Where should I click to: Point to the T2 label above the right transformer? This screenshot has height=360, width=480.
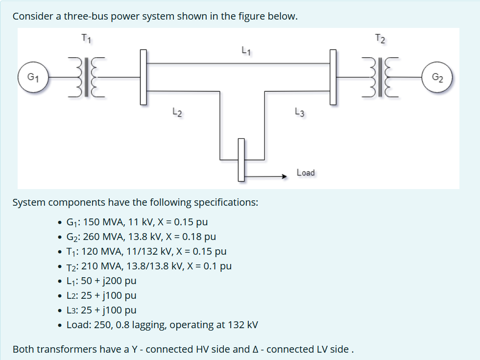click(381, 38)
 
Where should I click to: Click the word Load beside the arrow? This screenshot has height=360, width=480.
click(306, 172)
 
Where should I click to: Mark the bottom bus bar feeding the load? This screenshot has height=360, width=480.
click(241, 159)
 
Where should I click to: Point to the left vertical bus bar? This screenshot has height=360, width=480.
click(144, 77)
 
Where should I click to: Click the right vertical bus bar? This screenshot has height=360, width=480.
click(333, 77)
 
